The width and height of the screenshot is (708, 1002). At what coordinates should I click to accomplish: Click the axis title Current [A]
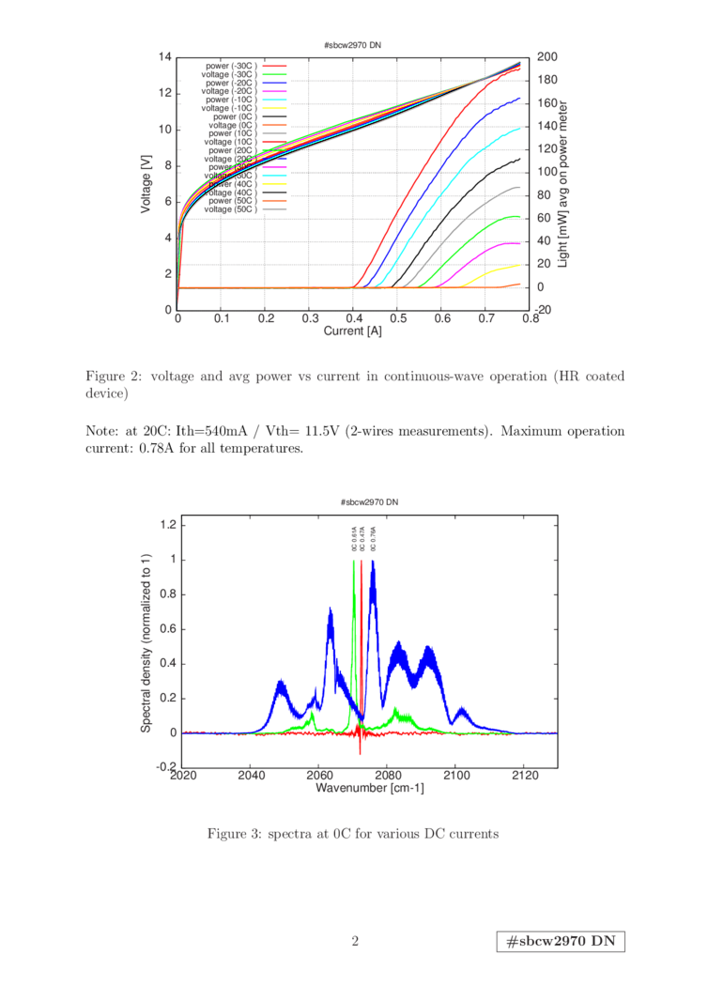[354, 331]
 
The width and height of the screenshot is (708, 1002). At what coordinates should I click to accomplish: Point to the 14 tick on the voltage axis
[165, 57]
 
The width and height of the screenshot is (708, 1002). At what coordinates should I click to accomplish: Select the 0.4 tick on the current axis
[353, 319]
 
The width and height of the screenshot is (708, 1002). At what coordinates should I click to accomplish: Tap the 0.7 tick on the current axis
[485, 319]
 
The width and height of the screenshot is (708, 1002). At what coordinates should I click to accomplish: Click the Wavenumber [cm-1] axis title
[369, 789]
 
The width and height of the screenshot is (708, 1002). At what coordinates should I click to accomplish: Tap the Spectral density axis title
[146, 642]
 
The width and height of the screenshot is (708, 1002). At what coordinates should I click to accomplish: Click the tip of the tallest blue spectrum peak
[373, 562]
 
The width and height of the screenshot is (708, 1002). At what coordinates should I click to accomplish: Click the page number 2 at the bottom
[355, 941]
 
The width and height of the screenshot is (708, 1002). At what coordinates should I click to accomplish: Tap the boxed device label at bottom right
[561, 942]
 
